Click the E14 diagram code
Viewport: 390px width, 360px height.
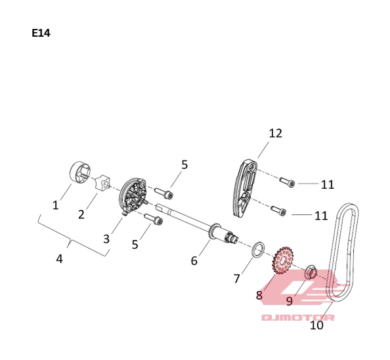pyautogui.click(x=41, y=33)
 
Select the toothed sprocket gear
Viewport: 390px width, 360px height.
pyautogui.click(x=283, y=261)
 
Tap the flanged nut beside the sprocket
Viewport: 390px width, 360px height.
pyautogui.click(x=311, y=272)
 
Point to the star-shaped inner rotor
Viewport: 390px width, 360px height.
pyautogui.click(x=102, y=183)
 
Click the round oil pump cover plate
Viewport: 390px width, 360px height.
pyautogui.click(x=133, y=196)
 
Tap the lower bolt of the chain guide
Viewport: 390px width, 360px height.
pyautogui.click(x=279, y=210)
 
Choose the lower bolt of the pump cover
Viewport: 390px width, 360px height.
pyautogui.click(x=154, y=219)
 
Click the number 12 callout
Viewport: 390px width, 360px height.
pyautogui.click(x=276, y=133)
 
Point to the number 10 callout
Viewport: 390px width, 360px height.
pyautogui.click(x=316, y=325)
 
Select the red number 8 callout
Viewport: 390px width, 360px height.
pyautogui.click(x=259, y=295)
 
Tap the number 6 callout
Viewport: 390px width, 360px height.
pyautogui.click(x=194, y=260)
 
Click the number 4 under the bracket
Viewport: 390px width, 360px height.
pyautogui.click(x=59, y=258)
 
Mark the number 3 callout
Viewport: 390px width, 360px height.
pyautogui.click(x=106, y=239)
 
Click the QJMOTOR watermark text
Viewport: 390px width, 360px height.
pyautogui.click(x=298, y=317)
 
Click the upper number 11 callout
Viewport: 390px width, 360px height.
pyautogui.click(x=328, y=185)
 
